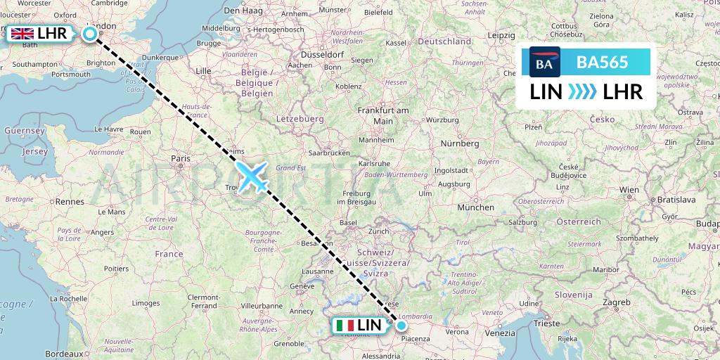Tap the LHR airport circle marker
coord(90,33)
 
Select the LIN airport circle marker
coord(401,326)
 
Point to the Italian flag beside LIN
coord(345,326)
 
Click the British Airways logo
coord(545,62)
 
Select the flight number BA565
coord(602,62)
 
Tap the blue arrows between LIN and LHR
coord(581,91)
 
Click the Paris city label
coord(181,159)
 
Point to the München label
coord(475,207)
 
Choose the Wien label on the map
coord(629,190)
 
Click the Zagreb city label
coord(616,302)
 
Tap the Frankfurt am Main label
coord(382,116)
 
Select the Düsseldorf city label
coord(321,54)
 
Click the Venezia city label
coord(500,333)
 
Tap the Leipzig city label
coord(501,35)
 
